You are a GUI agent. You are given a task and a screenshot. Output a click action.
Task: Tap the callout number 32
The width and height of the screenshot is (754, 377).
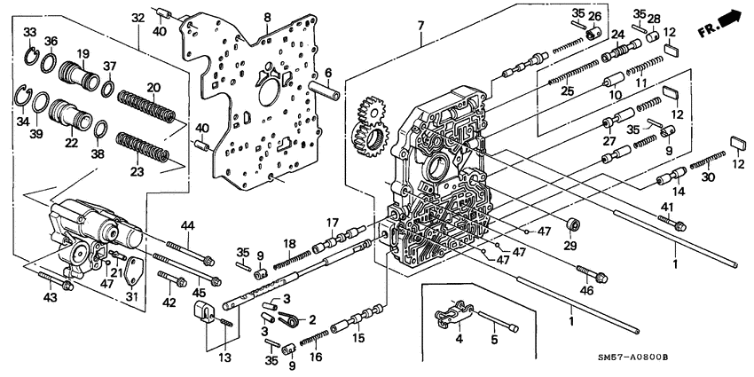click(x=137, y=18)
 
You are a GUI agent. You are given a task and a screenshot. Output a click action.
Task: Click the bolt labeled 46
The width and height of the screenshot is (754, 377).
click(x=593, y=273)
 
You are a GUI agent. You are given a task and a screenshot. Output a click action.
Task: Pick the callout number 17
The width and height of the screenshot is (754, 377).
click(x=332, y=222)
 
